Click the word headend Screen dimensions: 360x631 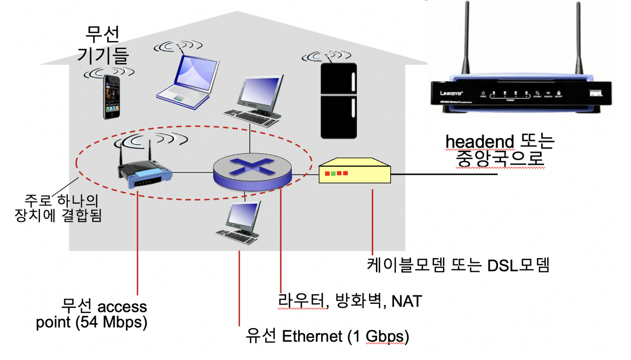(479, 142)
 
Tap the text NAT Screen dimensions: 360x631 (406, 301)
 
